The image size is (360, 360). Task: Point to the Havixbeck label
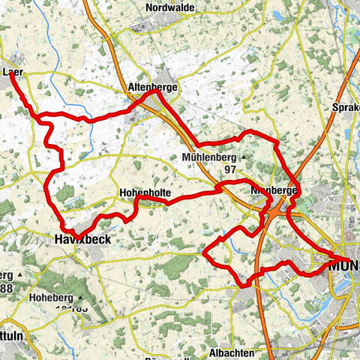83,239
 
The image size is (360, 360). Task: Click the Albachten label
232,331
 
